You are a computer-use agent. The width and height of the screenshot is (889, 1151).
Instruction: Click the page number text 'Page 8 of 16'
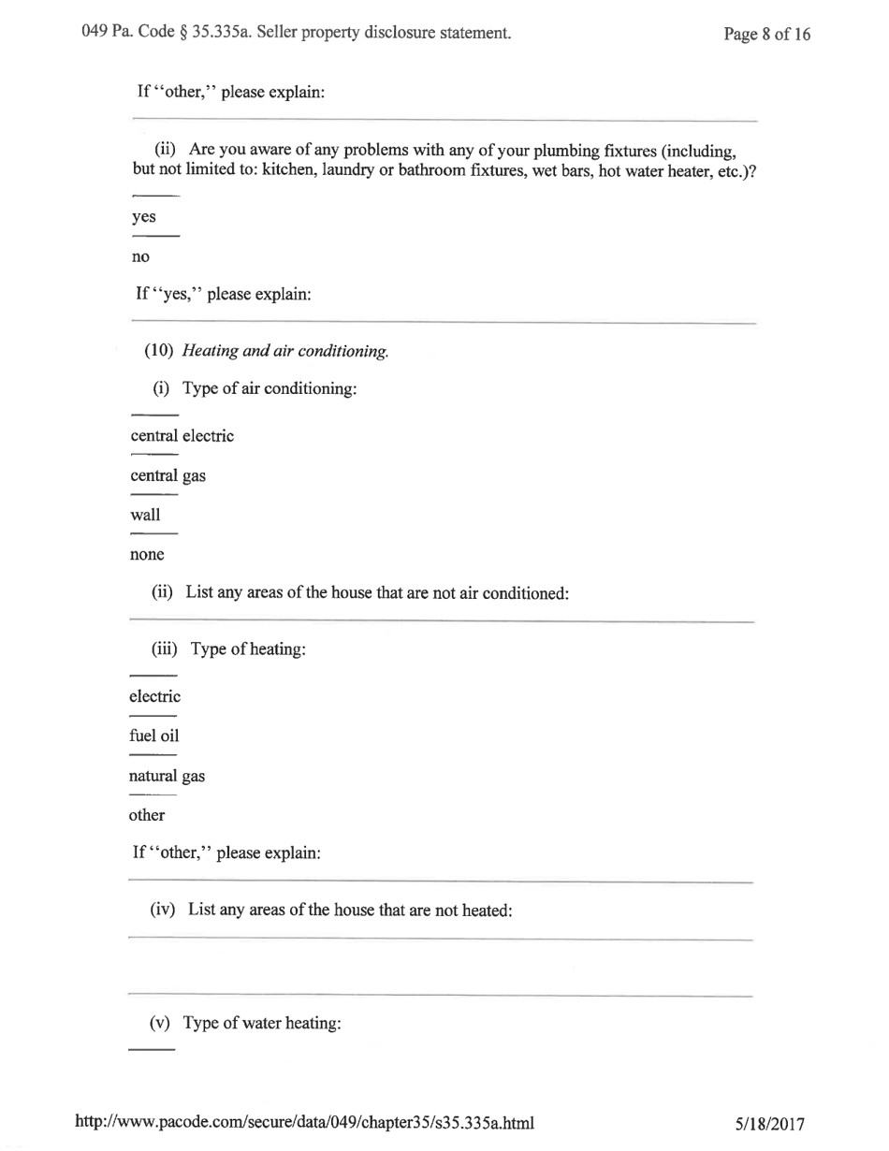[766, 36]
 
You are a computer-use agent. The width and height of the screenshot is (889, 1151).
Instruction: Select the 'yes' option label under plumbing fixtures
[143, 216]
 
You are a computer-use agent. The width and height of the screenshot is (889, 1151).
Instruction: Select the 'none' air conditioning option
[147, 554]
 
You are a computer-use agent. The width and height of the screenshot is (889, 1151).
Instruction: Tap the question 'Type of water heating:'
[260, 1023]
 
